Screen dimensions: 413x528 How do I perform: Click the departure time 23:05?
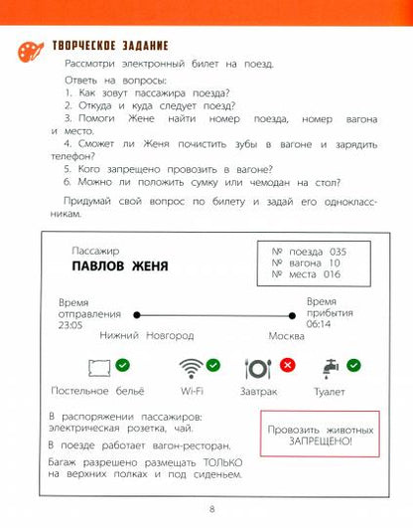[x=70, y=324]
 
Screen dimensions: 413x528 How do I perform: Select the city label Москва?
[x=299, y=336]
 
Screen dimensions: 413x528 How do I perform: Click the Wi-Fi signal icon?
[x=190, y=369]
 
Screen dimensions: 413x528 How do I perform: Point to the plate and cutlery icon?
[x=258, y=369]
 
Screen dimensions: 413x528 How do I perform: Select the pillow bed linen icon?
[x=99, y=369]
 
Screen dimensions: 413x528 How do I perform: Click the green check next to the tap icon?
[x=354, y=365]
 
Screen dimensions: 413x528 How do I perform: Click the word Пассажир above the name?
[x=95, y=250]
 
